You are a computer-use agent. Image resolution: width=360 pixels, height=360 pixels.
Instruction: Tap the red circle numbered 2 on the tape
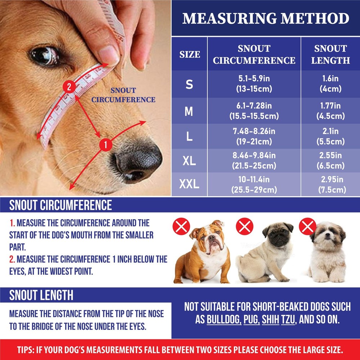(x=69, y=87)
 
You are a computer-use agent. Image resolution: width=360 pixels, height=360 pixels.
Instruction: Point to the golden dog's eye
(x=44, y=55)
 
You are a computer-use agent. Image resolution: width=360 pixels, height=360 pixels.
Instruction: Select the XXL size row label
(x=189, y=185)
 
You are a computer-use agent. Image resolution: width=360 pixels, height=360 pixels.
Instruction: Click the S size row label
(x=189, y=85)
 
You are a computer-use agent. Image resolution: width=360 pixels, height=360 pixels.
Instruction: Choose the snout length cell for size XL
(x=330, y=161)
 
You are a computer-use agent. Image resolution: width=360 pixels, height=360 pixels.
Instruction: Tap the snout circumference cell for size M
(x=254, y=111)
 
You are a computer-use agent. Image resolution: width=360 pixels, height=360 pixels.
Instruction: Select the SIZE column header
(x=190, y=55)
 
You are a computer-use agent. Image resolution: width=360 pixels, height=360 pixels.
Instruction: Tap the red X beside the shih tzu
(x=308, y=227)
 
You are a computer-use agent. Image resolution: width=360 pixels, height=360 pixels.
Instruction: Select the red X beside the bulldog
(x=181, y=227)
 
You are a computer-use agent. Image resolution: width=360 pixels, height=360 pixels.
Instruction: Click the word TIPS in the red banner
(x=27, y=350)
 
